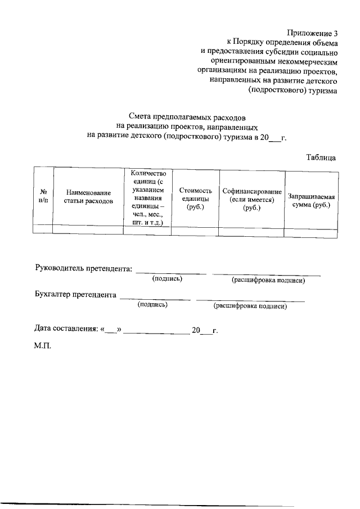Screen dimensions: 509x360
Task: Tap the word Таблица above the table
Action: point(322,157)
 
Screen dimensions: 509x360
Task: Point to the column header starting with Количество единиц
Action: point(147,198)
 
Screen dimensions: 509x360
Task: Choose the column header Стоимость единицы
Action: point(195,198)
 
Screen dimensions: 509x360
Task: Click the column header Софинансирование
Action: point(251,199)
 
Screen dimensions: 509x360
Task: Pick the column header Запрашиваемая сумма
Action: point(312,201)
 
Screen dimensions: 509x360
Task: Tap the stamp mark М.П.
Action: point(42,345)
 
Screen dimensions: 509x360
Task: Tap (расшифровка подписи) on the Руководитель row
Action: point(268,280)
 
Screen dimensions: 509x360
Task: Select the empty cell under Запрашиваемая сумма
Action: point(312,230)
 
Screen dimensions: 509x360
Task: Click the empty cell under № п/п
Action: point(43,230)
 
